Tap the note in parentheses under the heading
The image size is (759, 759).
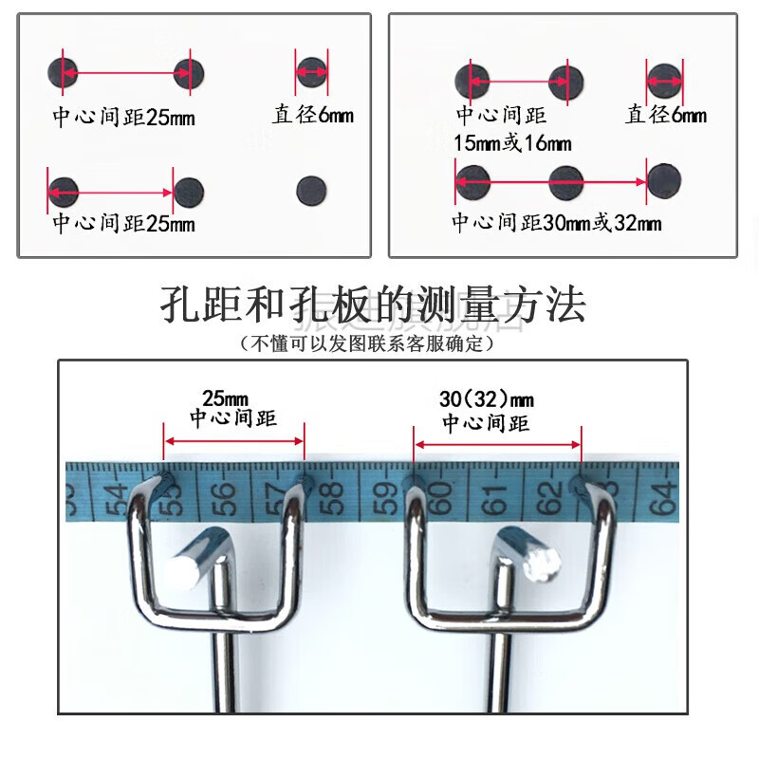(x=369, y=344)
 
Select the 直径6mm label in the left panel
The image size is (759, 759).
(x=312, y=115)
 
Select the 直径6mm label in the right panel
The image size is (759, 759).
(x=666, y=116)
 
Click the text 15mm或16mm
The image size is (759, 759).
(x=512, y=143)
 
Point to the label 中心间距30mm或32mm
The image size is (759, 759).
(x=556, y=224)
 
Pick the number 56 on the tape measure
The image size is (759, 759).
(x=224, y=493)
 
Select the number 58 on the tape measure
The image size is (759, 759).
(x=331, y=493)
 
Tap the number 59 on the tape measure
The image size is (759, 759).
(x=386, y=494)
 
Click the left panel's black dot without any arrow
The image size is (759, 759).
(x=310, y=190)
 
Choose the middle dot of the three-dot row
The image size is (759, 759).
(x=565, y=177)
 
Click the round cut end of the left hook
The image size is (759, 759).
(x=182, y=571)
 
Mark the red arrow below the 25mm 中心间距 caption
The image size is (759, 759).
(x=234, y=440)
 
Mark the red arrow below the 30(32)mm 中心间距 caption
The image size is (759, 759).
(x=497, y=441)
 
